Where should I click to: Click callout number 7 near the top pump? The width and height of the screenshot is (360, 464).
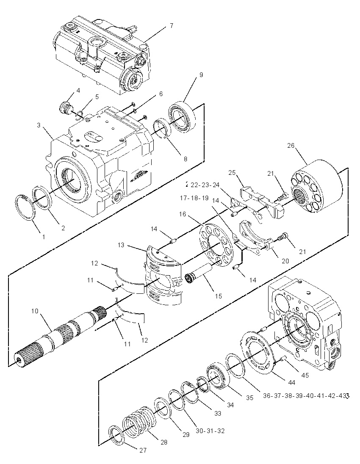172,25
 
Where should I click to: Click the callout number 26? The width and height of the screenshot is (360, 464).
291,146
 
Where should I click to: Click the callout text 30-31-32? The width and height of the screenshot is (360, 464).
210,431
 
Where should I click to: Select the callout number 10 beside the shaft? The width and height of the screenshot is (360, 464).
35,311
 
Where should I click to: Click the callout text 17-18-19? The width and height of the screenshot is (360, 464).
194,198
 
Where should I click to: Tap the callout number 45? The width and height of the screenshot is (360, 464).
305,375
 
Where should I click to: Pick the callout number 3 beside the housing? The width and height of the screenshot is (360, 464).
39,125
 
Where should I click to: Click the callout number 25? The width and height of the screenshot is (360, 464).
232,172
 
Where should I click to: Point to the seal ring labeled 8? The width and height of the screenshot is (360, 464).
162,128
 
